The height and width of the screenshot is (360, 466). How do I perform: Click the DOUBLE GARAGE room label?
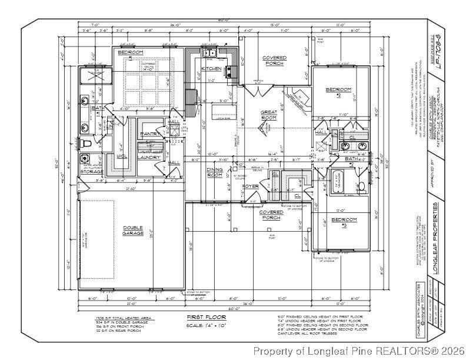coord(134,231)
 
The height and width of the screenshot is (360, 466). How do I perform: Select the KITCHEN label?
coord(212,69)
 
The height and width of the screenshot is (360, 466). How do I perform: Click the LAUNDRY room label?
coord(149,157)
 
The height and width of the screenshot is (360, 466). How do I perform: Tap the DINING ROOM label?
coord(214,172)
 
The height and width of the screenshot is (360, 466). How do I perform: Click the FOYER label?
coord(250,186)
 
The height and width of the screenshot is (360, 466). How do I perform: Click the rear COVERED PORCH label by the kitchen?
coord(274,61)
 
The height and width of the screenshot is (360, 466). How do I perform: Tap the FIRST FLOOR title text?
coord(202,317)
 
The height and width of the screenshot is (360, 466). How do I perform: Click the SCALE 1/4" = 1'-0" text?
coord(202,325)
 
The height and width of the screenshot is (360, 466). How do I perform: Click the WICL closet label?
coord(122,156)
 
